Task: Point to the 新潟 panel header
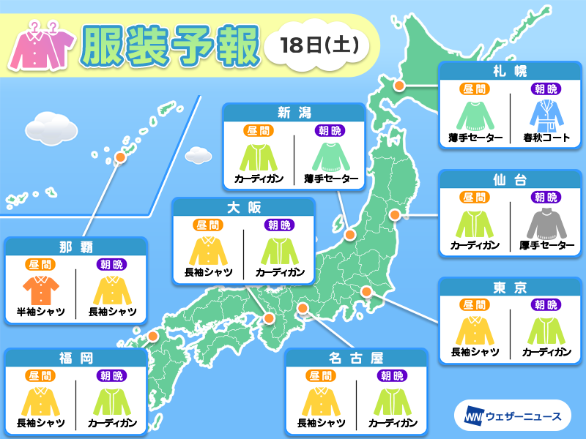[x=294, y=112]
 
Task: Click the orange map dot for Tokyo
[x=368, y=293]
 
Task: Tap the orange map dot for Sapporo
[x=400, y=86]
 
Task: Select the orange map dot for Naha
[x=119, y=157]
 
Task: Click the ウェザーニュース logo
[x=512, y=416]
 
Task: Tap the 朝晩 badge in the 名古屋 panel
[x=393, y=376]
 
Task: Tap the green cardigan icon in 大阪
[x=280, y=249]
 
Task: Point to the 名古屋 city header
[x=357, y=357]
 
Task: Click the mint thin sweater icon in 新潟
[x=327, y=155]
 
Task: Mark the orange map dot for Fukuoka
[x=153, y=337]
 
